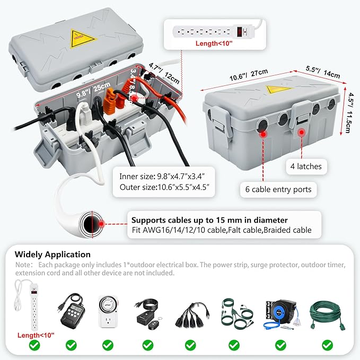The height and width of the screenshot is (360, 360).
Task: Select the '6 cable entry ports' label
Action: tap(278, 189)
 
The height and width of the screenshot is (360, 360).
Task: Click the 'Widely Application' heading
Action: tap(52, 254)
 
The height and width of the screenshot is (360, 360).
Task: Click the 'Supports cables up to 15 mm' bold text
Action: tap(209, 219)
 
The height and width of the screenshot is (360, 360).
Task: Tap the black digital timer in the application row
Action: tap(71, 315)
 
